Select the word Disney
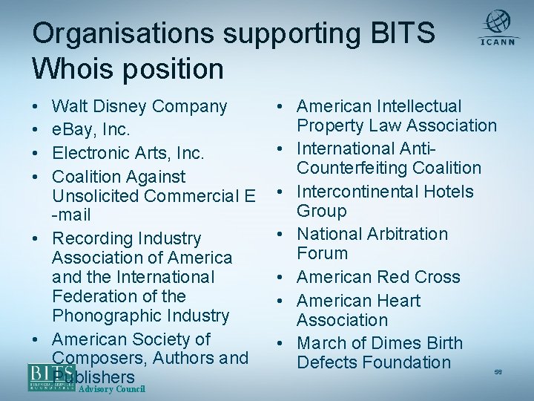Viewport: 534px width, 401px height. pos(123,107)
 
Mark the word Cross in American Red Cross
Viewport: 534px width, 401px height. pos(438,277)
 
